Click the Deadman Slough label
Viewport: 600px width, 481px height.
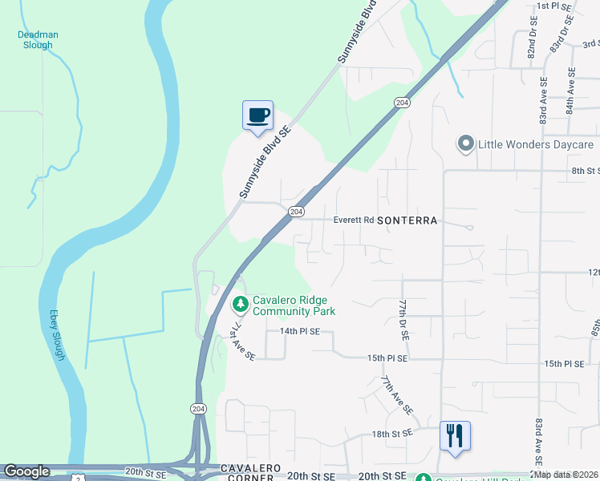point(38,40)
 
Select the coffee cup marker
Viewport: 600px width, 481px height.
point(257,115)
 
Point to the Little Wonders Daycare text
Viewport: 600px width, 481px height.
point(536,145)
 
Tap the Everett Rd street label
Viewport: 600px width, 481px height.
point(354,220)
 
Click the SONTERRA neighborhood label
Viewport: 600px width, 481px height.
point(407,220)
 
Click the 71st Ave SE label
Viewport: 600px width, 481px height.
point(241,341)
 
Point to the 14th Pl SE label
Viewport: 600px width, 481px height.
point(299,331)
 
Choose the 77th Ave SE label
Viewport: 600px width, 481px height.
point(398,394)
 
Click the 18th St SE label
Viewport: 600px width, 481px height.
point(391,433)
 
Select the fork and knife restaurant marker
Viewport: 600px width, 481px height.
point(455,435)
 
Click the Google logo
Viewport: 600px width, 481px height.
point(26,471)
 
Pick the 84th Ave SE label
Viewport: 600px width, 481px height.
point(570,91)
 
